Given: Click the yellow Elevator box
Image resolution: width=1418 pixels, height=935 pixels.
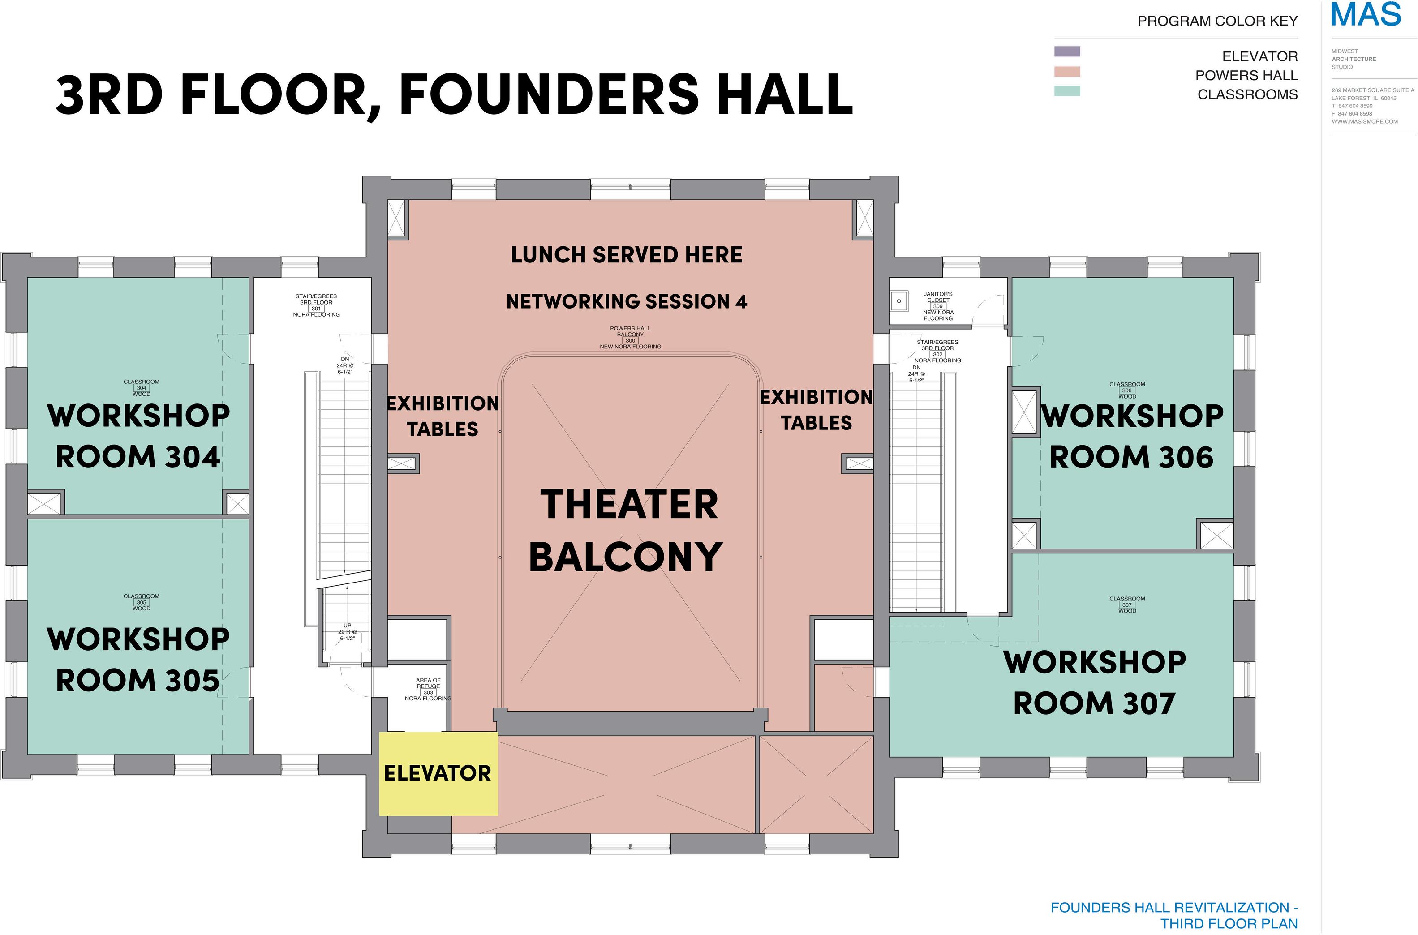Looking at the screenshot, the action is (438, 773).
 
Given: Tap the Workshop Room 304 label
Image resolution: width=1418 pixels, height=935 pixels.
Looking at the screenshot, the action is (138, 436).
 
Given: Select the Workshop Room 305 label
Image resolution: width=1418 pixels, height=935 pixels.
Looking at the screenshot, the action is (138, 660).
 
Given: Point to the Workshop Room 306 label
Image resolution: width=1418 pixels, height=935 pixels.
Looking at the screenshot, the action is (1132, 436).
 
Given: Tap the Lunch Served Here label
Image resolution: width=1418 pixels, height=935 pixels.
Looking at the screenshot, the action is (627, 255).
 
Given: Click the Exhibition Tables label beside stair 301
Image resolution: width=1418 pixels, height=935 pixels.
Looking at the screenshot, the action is (443, 416).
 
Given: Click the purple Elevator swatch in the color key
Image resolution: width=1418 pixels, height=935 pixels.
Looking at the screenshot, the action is (1067, 52).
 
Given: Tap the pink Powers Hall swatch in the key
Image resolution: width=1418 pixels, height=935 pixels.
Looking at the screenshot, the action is (1067, 72).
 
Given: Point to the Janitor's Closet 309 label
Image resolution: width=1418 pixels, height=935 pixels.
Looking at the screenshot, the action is (938, 306).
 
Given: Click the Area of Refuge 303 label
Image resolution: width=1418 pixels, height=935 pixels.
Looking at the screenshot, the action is (428, 689).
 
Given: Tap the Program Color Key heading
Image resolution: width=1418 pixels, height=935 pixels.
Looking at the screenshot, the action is (1217, 21).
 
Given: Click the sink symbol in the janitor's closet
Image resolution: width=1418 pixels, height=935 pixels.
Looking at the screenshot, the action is (898, 301).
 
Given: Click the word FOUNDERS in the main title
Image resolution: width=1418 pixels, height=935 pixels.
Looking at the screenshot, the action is (549, 94).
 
